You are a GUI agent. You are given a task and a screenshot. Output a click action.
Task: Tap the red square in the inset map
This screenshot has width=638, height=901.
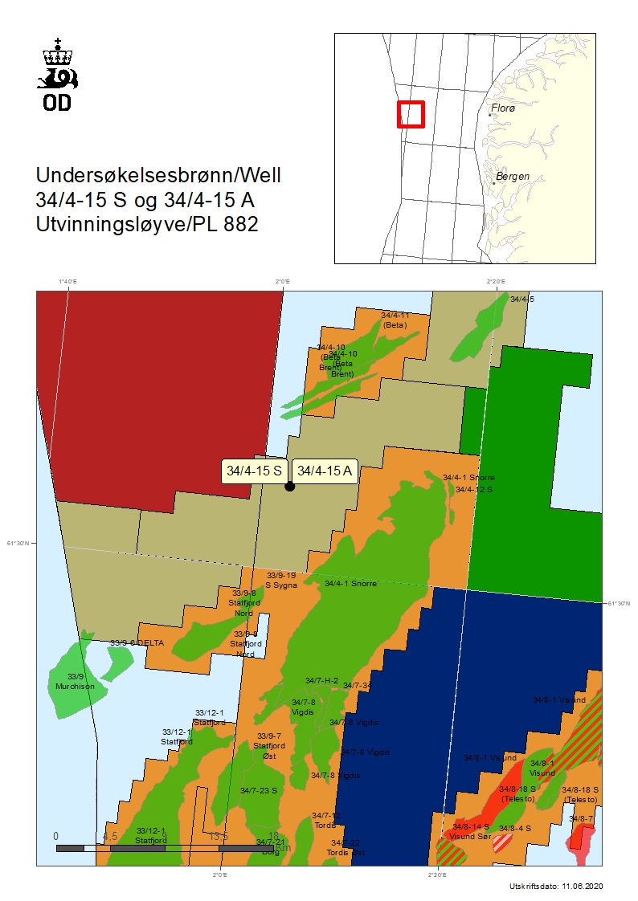(411, 114)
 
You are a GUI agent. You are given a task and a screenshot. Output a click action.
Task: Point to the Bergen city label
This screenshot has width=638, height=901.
(512, 176)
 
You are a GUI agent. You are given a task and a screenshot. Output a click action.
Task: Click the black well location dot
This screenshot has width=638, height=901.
(289, 487)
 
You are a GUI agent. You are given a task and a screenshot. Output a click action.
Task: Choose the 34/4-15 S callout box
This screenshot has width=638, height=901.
(254, 471)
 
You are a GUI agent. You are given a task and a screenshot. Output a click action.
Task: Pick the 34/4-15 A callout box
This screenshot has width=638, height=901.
(324, 471)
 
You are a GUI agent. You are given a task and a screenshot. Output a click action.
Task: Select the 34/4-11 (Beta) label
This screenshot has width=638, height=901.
(395, 320)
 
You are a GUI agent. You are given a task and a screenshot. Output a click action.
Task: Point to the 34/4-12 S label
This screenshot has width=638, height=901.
(473, 489)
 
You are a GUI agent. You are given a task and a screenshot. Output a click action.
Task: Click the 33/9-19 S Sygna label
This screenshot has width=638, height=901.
(281, 580)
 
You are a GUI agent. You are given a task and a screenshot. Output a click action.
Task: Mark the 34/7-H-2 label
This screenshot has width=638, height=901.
(321, 680)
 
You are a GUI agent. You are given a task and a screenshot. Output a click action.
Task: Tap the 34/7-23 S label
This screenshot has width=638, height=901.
(258, 790)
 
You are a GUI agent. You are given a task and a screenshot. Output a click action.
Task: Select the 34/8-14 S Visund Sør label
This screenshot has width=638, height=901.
(470, 831)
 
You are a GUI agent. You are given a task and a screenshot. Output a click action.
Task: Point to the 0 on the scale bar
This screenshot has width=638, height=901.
(55, 836)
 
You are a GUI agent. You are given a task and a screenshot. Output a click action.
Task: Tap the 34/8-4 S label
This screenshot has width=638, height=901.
(514, 828)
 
